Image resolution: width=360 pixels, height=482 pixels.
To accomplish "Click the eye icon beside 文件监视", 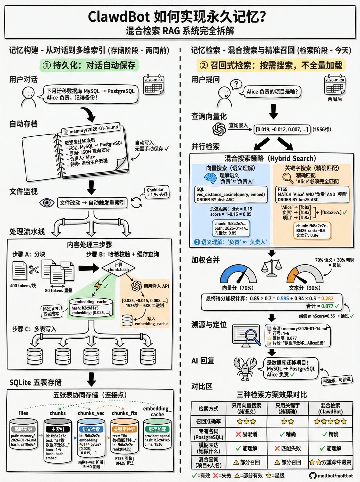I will pos(47,203).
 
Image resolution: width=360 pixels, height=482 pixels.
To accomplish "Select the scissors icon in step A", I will pos(34,269).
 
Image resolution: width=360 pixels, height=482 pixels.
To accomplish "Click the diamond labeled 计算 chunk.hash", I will pos(118,267).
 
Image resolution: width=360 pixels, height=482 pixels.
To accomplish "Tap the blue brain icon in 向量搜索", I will pos(211,178).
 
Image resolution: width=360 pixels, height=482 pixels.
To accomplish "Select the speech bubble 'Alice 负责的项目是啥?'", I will pos(272,92).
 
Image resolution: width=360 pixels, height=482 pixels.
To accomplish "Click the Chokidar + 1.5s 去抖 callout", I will pos(157,192).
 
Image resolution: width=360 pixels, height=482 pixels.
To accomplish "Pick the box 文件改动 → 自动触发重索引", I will pos(92,203).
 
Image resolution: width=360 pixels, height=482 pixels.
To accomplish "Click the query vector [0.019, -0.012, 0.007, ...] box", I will pos(282,129).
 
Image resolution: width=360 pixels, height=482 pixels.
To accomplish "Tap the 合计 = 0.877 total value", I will pos(322,306).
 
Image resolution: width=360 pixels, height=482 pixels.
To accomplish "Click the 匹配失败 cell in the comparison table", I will pos(288,448).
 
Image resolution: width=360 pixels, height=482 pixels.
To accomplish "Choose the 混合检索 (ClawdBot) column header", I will pos(330,408).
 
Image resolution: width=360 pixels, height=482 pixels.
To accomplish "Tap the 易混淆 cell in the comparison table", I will pos(246,434).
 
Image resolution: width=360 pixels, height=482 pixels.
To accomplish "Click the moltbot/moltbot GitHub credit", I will pos(331,476).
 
